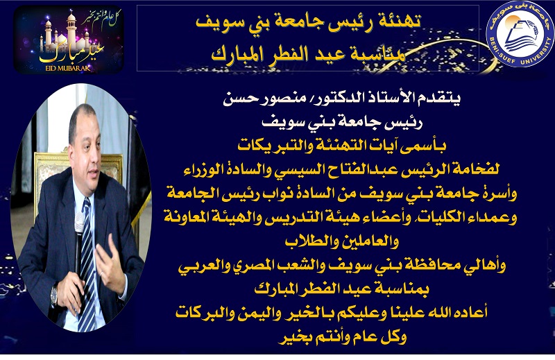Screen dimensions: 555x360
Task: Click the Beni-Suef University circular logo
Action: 520,34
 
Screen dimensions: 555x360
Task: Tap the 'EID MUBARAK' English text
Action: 68,68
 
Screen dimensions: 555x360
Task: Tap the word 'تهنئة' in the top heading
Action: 400,22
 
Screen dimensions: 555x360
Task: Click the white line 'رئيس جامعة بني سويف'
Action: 342,122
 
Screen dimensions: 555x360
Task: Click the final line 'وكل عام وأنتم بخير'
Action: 342,337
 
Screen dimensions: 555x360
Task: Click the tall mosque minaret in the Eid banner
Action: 71,29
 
